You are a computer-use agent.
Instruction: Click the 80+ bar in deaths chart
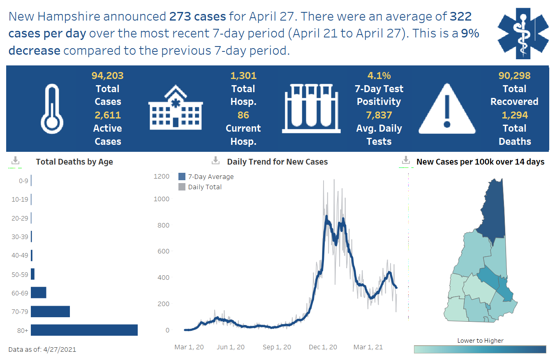[84, 330]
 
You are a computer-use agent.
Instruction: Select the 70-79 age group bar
[50, 311]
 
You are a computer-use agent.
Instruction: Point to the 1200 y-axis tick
[162, 177]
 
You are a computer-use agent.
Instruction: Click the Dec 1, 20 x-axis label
[323, 347]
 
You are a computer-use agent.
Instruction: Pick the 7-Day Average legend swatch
[182, 177]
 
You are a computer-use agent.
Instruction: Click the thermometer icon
[52, 108]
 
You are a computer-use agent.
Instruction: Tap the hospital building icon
[175, 108]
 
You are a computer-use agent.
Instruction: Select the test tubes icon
[311, 108]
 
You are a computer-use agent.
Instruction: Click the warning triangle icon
[447, 109]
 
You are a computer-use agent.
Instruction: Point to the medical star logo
[523, 32]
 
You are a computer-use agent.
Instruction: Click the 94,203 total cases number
[107, 76]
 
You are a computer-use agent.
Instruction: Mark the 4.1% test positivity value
[379, 76]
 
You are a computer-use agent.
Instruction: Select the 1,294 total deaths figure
[515, 115]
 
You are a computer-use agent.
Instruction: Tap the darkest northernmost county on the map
[491, 210]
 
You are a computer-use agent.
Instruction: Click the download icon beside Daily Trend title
[215, 161]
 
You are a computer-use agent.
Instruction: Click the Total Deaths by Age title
[74, 162]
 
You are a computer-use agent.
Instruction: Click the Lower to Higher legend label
[480, 340]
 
